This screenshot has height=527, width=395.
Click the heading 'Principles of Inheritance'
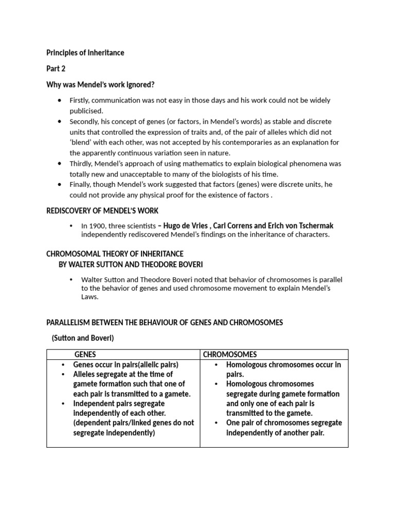(85, 53)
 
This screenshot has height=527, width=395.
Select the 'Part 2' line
(56, 68)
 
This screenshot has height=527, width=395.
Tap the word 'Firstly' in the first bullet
(81, 100)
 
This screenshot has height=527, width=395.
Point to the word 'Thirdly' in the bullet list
(82, 164)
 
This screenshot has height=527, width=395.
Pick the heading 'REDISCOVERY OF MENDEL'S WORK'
(102, 211)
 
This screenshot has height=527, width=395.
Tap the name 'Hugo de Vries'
(186, 226)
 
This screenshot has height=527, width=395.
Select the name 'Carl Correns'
(236, 226)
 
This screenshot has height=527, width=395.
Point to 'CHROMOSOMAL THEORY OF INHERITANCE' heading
(115, 254)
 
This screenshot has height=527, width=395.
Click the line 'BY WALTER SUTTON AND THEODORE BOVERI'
(131, 265)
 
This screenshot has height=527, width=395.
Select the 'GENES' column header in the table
(85, 355)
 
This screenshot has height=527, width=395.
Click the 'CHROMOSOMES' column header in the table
(230, 355)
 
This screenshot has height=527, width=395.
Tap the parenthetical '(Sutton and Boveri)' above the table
(83, 338)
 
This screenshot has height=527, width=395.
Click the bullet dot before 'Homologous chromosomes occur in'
(216, 365)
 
